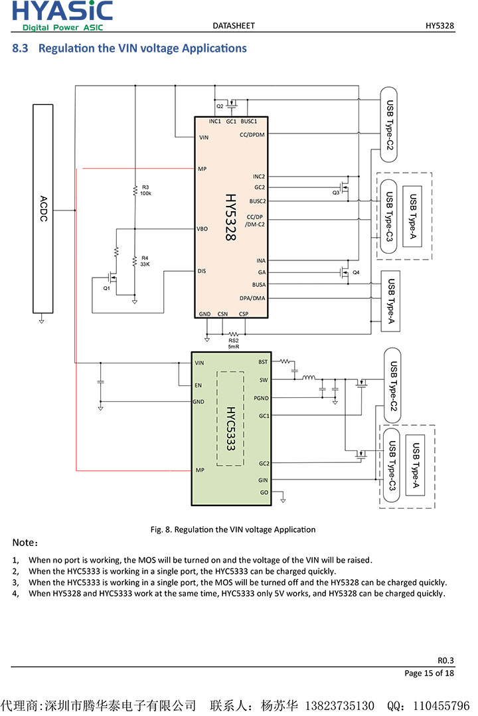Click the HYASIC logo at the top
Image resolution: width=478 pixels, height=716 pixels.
(x=62, y=15)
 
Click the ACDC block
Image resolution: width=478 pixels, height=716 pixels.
(x=43, y=208)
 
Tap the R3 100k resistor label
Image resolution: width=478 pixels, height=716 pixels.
(x=146, y=190)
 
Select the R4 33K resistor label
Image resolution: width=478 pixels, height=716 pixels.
(x=145, y=260)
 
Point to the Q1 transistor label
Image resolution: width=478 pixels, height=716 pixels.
(x=107, y=288)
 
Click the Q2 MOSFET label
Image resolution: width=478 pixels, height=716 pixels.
(x=220, y=106)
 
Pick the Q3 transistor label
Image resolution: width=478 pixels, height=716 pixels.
(x=336, y=192)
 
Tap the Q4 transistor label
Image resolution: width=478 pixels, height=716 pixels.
(x=356, y=272)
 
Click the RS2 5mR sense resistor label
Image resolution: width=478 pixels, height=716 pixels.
(x=233, y=343)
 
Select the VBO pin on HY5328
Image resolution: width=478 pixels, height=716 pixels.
(x=202, y=228)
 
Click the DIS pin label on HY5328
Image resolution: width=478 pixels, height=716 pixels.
(x=201, y=271)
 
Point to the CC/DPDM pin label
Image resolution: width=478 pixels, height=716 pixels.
(x=252, y=135)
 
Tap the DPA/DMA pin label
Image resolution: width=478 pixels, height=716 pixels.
(x=252, y=298)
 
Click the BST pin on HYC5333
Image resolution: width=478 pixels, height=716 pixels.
(x=263, y=362)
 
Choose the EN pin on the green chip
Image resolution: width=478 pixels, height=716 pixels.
(x=198, y=385)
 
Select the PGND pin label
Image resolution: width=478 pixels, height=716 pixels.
(x=261, y=398)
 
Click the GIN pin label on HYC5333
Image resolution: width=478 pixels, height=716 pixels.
(x=263, y=480)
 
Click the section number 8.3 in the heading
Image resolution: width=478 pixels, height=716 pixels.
(x=21, y=48)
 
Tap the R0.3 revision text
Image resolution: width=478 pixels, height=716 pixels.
(x=446, y=660)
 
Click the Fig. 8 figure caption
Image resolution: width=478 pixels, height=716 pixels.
(x=232, y=529)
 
